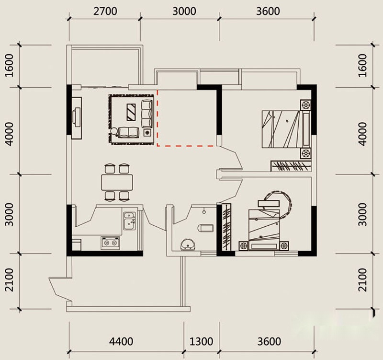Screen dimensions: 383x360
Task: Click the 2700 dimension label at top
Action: coord(105,11)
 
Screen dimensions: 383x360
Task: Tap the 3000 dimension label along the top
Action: coord(184,11)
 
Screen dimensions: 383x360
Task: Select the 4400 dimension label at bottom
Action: coord(121,341)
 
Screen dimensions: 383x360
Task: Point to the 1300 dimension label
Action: coord(201,341)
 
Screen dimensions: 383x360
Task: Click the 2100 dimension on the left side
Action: coord(9,280)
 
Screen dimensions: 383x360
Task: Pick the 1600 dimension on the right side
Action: coord(362,65)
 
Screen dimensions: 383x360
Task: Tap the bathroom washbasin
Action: coord(188,244)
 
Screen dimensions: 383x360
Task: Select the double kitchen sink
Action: coord(129,221)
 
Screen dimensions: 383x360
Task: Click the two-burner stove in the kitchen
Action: coord(110,243)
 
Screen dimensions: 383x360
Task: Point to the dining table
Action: coord(117,182)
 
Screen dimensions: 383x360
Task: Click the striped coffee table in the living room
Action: coord(131,112)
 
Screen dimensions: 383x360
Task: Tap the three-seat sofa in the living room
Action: coord(147,114)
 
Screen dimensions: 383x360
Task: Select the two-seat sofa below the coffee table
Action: coord(128,132)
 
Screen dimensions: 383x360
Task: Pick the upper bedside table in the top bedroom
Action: coord(305,105)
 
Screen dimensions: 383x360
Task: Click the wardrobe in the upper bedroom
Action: coord(291,166)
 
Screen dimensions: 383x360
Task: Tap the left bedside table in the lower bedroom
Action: coord(244,245)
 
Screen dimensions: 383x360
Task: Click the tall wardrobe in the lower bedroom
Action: coord(226,227)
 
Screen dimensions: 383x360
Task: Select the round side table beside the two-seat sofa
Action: coord(114,131)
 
